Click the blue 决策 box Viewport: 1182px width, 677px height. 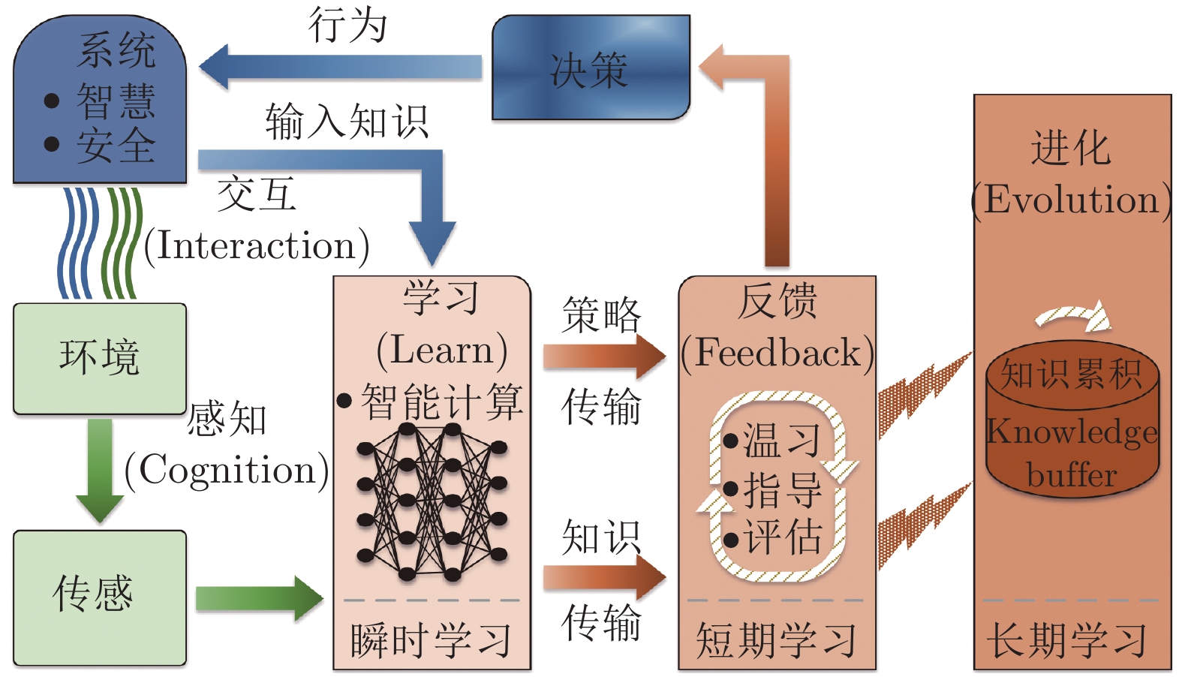tap(590, 69)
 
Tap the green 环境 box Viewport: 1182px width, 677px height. tap(99, 358)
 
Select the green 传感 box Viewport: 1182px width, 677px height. tap(99, 597)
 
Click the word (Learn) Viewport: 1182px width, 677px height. tap(441, 351)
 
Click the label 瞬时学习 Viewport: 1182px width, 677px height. tap(432, 640)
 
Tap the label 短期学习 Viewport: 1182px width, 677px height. tap(776, 640)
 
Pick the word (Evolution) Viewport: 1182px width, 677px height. tap(1071, 200)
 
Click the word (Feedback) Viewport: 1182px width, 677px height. tap(777, 353)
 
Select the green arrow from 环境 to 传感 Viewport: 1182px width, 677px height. tap(99, 469)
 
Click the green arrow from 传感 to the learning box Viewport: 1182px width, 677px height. tap(259, 598)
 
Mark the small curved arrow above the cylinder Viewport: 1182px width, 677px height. tap(1073, 316)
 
